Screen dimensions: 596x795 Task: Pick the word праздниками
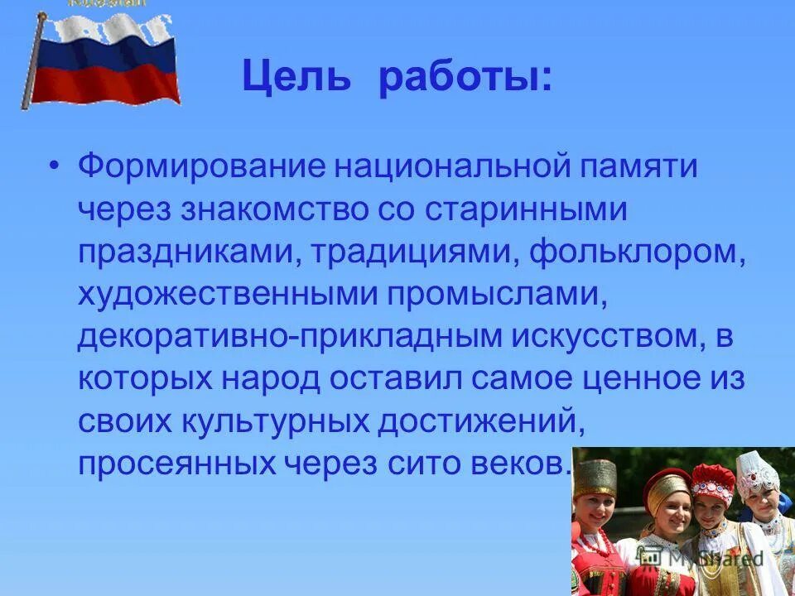point(185,253)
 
